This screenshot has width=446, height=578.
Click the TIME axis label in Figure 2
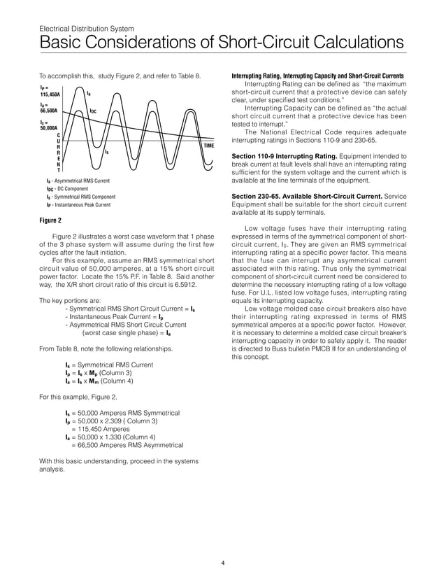coord(208,146)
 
